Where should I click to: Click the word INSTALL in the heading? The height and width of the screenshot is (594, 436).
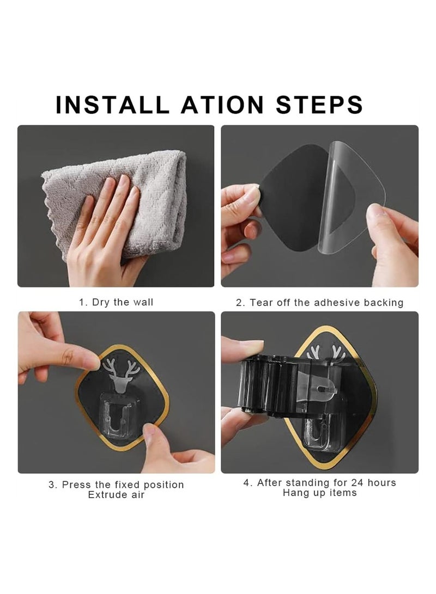110,104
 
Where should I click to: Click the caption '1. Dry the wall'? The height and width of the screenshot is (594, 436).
116,302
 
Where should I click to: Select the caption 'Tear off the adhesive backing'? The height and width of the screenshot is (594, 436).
326,303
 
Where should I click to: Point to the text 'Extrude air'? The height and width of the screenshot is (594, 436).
116,495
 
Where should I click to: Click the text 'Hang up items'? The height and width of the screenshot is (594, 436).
319,493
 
